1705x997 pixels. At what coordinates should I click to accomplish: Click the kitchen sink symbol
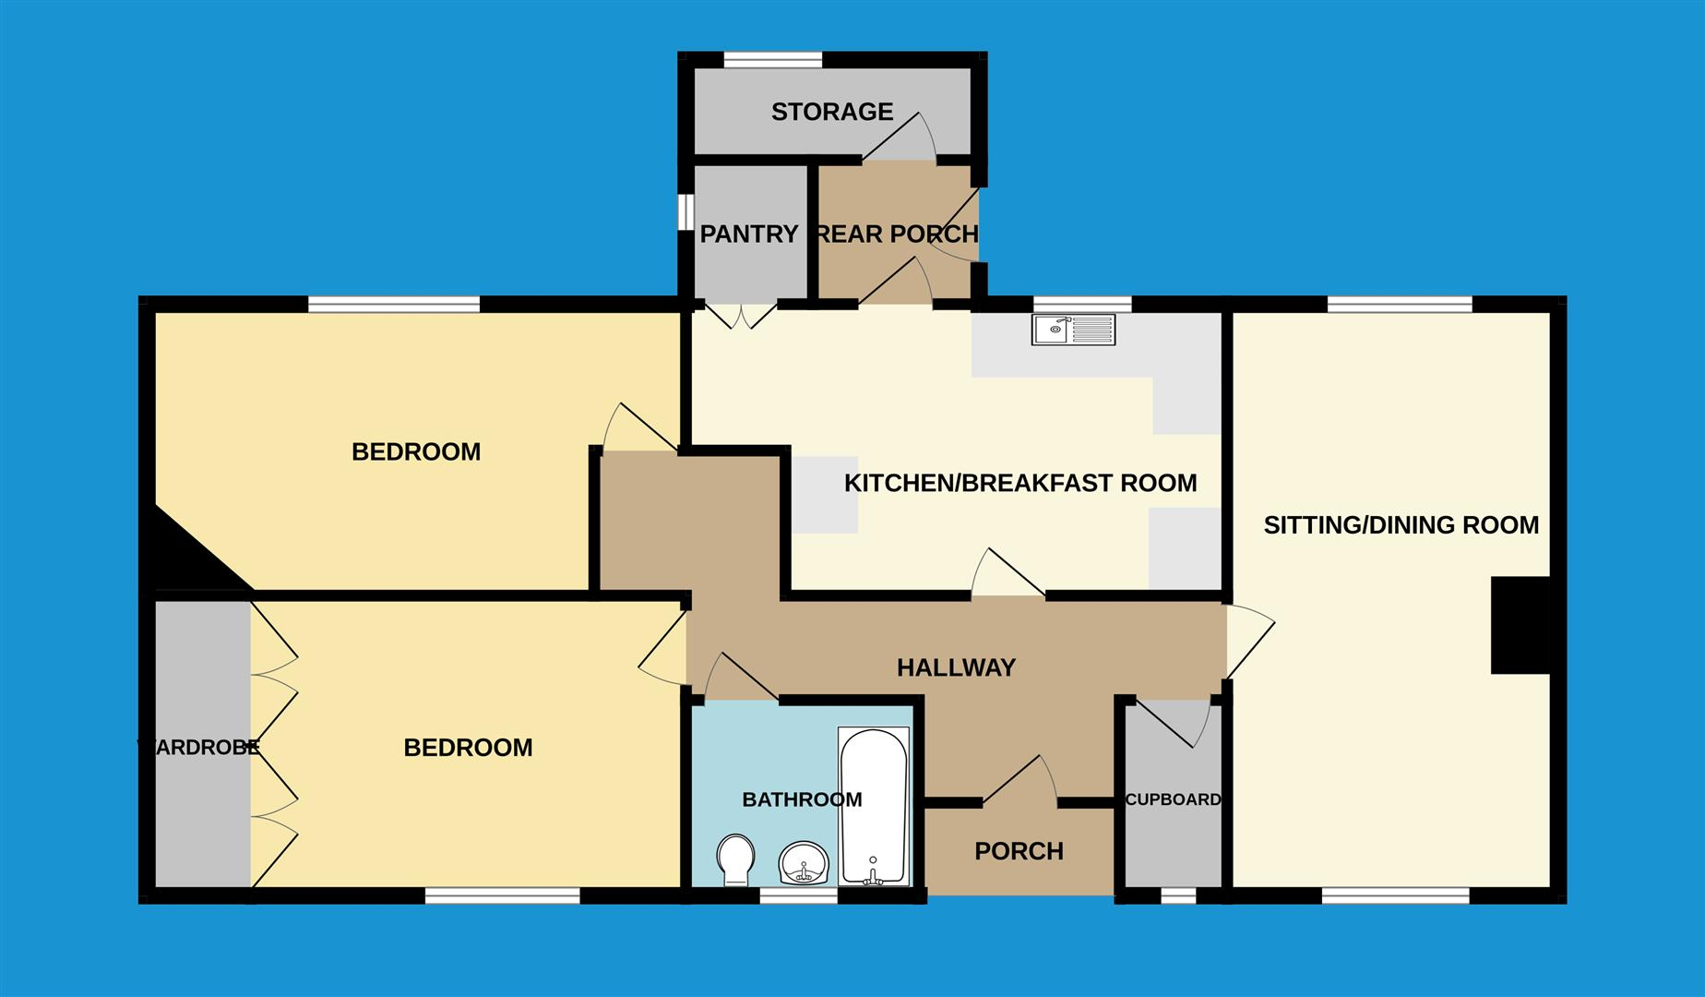point(1073,330)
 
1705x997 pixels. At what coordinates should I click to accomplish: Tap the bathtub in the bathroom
point(873,806)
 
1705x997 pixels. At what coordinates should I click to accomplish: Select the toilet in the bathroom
point(735,859)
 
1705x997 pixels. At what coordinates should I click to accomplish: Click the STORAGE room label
point(832,112)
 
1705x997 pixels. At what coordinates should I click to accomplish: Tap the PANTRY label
point(748,234)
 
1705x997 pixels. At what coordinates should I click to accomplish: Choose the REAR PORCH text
point(897,234)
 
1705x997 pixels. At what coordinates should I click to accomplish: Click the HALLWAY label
point(956,667)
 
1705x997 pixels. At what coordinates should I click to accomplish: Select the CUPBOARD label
point(1173,799)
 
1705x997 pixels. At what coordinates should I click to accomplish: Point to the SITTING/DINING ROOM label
point(1401,525)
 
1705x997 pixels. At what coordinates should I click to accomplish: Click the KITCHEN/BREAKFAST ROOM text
point(1020,483)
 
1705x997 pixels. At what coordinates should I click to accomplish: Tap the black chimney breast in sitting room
point(1520,625)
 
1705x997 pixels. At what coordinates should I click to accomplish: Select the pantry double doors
point(742,315)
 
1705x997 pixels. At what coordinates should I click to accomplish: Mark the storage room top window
point(772,60)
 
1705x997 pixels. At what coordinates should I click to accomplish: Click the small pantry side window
point(686,211)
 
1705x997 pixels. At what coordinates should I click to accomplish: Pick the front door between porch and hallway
point(1019,780)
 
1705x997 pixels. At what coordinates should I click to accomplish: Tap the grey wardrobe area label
point(199,748)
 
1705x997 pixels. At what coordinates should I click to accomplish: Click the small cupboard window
point(1177,895)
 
